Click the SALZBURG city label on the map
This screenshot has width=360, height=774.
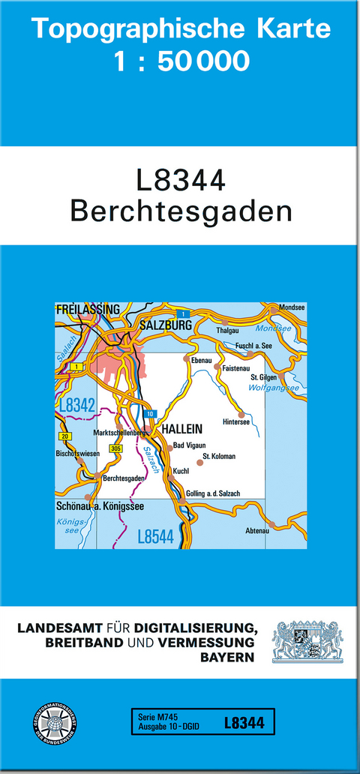[x=166, y=325]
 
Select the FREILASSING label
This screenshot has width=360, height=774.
[x=88, y=309]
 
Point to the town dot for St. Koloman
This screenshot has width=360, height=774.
[x=199, y=463]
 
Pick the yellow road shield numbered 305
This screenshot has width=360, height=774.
[x=115, y=448]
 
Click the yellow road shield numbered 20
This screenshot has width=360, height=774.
[x=64, y=436]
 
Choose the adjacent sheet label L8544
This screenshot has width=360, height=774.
[x=156, y=536]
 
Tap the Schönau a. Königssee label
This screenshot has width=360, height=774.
[x=100, y=505]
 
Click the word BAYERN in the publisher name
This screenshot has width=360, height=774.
[x=228, y=657]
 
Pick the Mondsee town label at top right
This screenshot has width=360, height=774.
[x=292, y=307]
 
